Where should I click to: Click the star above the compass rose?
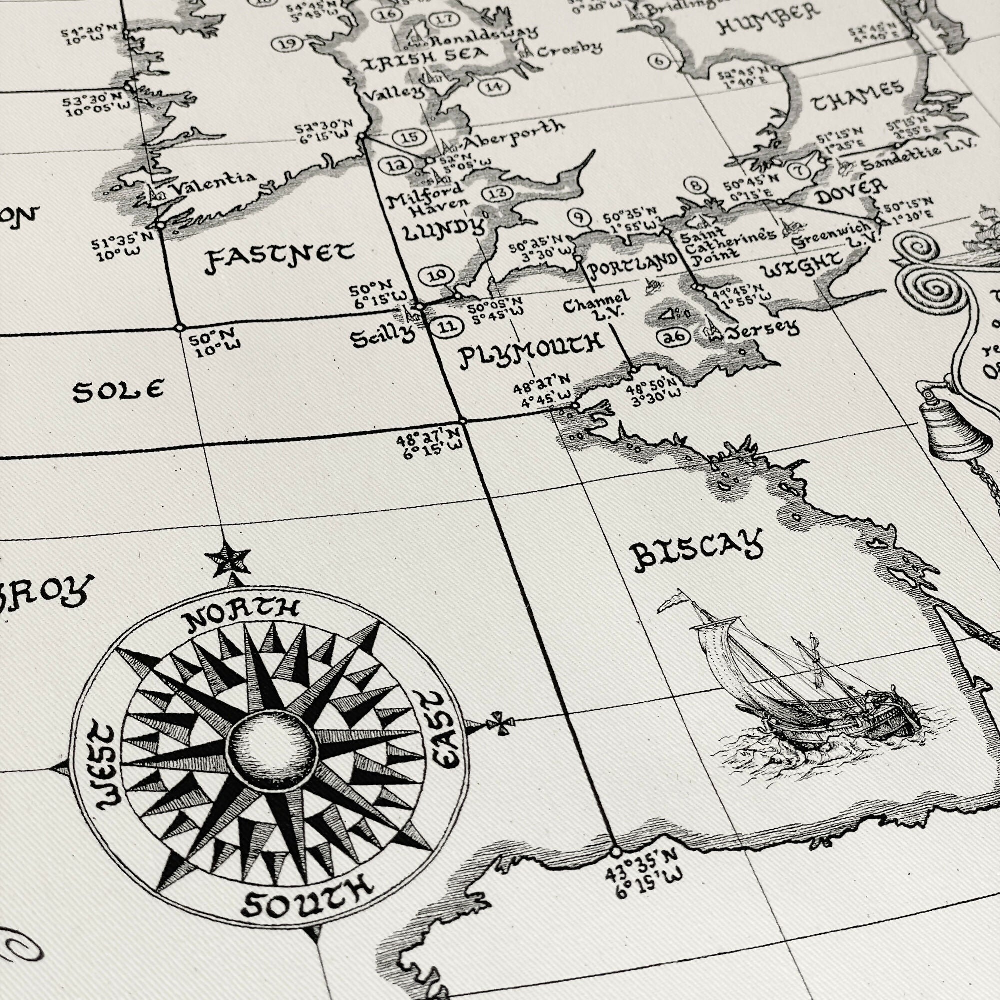pos(227,559)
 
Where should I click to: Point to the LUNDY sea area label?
pos(443,230)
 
